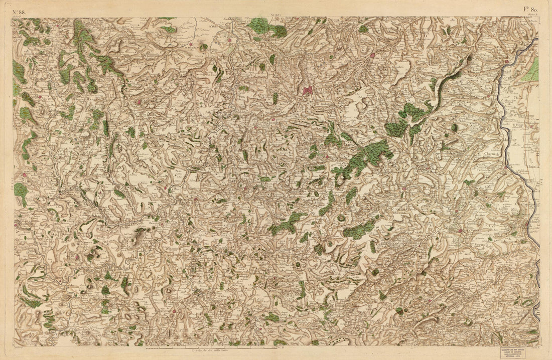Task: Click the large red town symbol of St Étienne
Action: (308, 90)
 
